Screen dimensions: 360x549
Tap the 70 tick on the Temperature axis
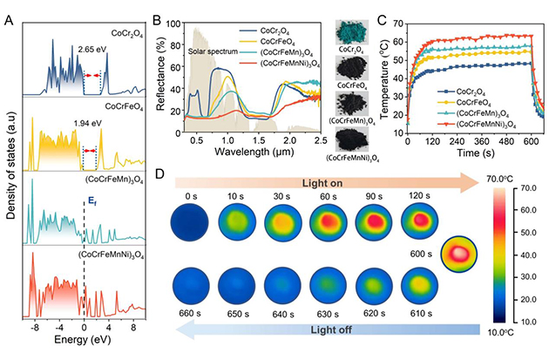[395, 17]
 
